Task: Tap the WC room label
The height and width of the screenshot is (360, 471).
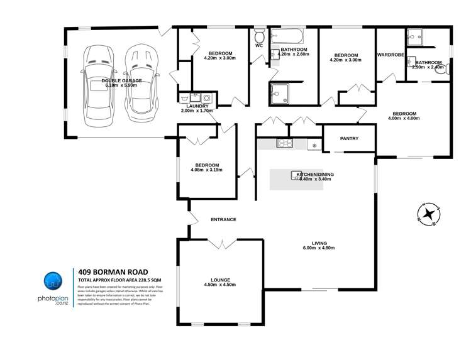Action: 259,45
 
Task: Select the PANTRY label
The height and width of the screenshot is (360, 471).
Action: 349,138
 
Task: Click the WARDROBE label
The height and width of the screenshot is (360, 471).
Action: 391,55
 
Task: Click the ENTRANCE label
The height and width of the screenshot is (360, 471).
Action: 223,219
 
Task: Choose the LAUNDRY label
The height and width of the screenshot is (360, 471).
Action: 197,106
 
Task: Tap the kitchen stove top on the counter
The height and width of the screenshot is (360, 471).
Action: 286,145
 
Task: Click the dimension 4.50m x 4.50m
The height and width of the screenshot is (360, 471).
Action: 220,285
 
